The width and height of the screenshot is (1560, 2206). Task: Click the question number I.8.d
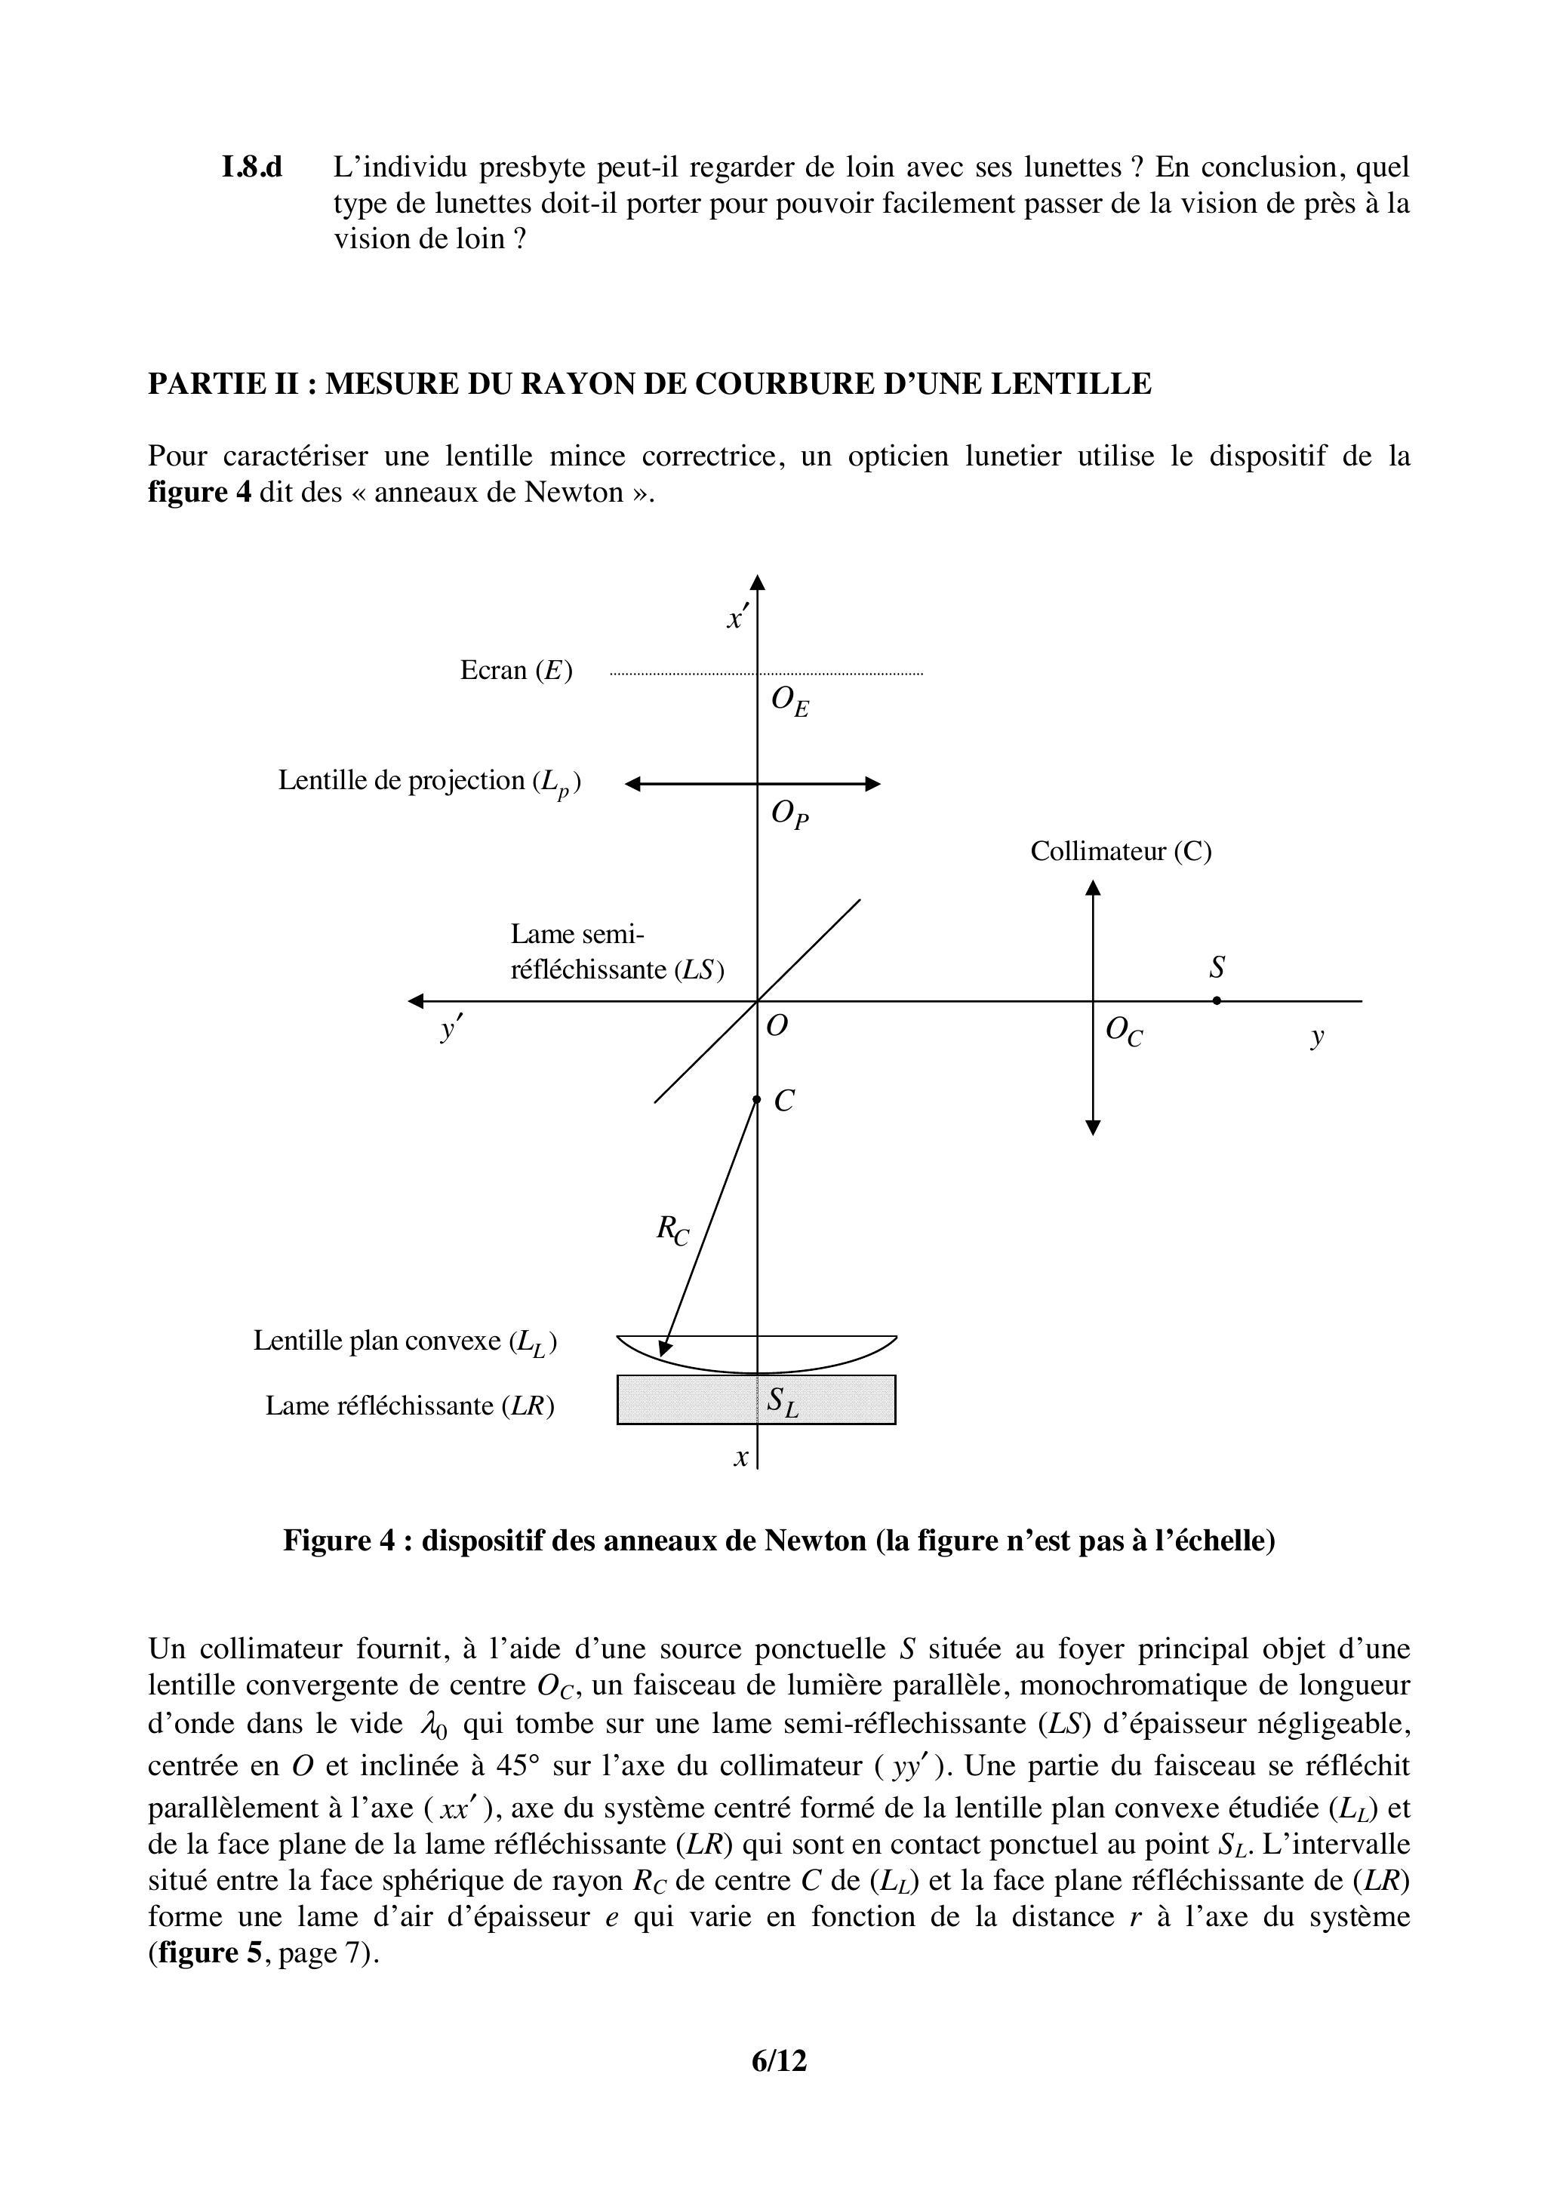point(252,168)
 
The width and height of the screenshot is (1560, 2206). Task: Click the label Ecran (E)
point(516,670)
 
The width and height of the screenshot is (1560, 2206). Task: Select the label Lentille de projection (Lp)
point(429,781)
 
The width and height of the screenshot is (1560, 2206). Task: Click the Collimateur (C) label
point(1121,851)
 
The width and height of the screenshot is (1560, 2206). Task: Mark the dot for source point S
point(1217,1000)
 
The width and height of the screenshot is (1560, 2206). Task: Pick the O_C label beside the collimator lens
point(1124,1032)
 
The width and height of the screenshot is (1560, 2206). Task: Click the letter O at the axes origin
point(777,1026)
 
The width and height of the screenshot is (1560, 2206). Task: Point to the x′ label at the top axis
point(737,618)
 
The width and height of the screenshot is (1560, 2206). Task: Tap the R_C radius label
point(672,1230)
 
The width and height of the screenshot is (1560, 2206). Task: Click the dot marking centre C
point(756,1099)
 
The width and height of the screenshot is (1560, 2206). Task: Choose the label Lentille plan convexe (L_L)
point(405,1341)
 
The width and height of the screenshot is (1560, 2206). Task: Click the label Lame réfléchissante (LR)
point(411,1406)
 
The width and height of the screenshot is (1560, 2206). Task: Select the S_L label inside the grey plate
point(783,1404)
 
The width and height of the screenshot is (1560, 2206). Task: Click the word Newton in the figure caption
point(815,1540)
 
